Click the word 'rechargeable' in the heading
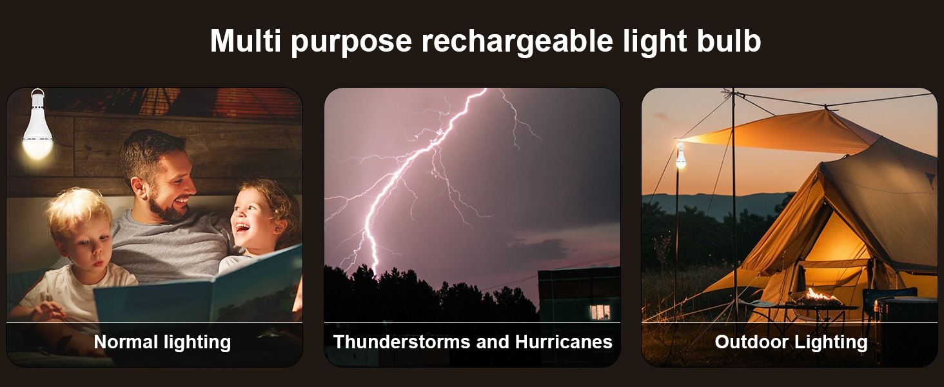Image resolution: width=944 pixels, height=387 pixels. (517, 41)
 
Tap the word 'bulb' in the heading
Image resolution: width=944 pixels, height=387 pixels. (729, 41)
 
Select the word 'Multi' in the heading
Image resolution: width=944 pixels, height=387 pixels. (245, 41)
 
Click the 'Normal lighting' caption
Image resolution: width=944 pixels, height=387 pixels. (162, 342)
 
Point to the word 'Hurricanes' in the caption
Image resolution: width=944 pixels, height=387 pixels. (564, 341)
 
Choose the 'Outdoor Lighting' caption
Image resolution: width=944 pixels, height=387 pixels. (791, 342)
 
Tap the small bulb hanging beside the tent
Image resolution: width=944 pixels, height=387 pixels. (681, 156)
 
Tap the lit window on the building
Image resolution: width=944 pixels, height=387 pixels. (600, 312)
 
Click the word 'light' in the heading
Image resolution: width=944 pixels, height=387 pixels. (655, 41)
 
